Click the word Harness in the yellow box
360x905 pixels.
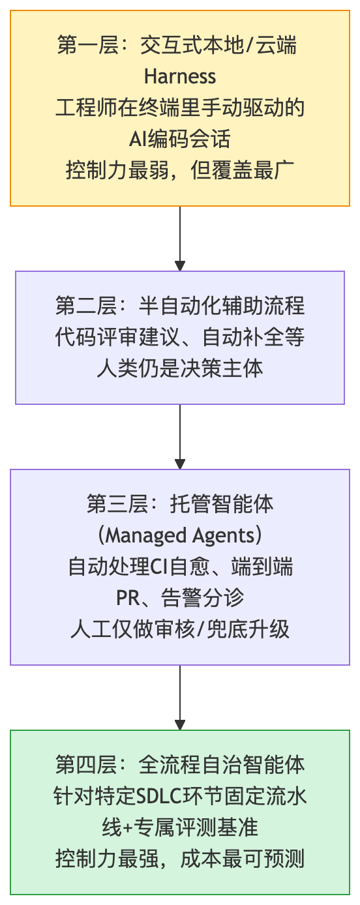(x=180, y=77)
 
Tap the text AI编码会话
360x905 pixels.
(x=180, y=139)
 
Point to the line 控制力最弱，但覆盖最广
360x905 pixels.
(x=180, y=170)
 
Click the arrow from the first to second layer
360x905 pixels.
(x=180, y=239)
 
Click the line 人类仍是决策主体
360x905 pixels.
(x=180, y=368)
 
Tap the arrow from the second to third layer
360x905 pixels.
(x=180, y=437)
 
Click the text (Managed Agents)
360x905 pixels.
(x=180, y=536)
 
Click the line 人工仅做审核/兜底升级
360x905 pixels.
(x=180, y=629)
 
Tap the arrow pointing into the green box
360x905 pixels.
(x=180, y=698)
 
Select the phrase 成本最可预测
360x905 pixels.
(x=243, y=859)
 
